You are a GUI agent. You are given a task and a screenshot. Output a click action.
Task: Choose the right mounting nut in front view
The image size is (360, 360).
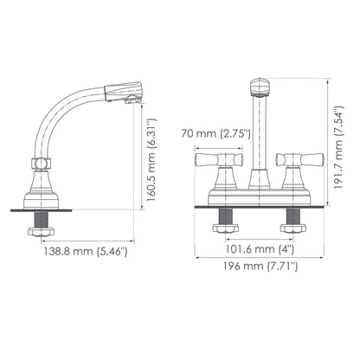coord(291,229)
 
